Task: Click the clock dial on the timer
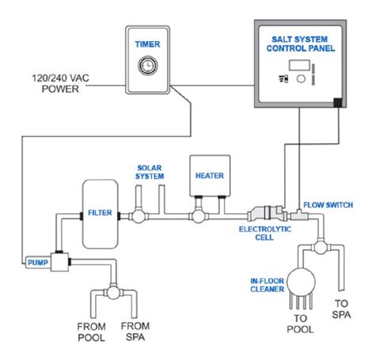[x=148, y=65]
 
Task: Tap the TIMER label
[x=148, y=44]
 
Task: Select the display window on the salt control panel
[x=299, y=65]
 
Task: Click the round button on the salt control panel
[x=301, y=78]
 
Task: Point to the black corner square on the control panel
[x=338, y=102]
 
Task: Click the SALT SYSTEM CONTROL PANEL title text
[x=301, y=44]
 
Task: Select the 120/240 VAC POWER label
[x=60, y=83]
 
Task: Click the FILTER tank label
[x=100, y=213]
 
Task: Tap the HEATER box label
[x=210, y=176]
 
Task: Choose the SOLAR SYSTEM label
[x=150, y=172]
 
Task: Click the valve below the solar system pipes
[x=138, y=216]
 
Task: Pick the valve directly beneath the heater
[x=199, y=216]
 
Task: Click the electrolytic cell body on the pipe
[x=267, y=214]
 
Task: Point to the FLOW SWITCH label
[x=328, y=205]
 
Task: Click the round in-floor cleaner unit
[x=301, y=282]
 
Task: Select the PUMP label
[x=38, y=263]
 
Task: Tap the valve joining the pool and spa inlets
[x=114, y=293]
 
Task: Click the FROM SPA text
[x=135, y=332]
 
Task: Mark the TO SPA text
[x=342, y=309]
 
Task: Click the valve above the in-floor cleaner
[x=321, y=248]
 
